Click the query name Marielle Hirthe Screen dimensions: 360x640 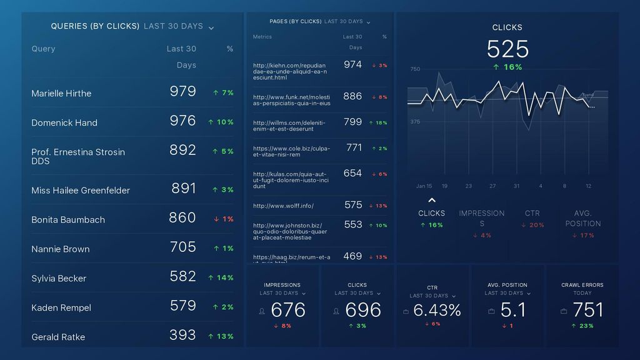[61, 93]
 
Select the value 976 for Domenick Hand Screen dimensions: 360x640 [182, 121]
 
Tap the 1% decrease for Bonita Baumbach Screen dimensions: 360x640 [223, 219]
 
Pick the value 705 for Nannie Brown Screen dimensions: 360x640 [182, 247]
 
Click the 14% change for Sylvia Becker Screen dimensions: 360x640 [221, 277]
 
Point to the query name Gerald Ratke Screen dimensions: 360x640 [58, 337]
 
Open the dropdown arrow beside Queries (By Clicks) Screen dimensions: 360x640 [211, 27]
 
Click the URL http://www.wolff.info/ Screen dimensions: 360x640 [283, 206]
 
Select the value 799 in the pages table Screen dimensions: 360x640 [352, 122]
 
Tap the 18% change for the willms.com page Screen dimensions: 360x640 [378, 122]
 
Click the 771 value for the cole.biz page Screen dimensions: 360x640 [354, 147]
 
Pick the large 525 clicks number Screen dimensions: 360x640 [507, 49]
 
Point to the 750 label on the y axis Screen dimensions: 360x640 [415, 69]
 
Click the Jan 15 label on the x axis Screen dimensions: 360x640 [424, 186]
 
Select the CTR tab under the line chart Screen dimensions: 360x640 [532, 214]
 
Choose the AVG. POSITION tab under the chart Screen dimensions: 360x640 [582, 218]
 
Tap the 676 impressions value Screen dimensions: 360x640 [288, 309]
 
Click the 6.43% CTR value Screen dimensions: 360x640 [437, 309]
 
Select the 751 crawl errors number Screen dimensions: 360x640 [587, 309]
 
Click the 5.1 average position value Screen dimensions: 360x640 [513, 309]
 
